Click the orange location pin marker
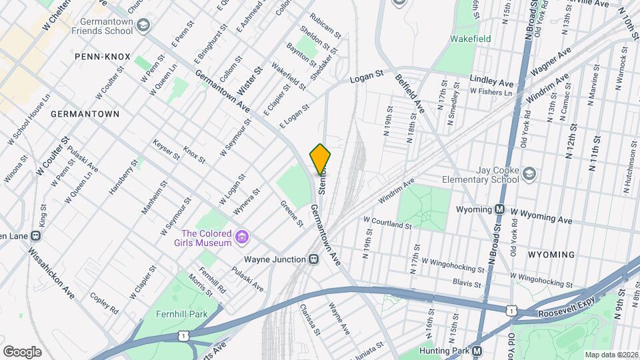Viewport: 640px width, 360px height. click(321, 159)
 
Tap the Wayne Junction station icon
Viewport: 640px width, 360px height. click(313, 259)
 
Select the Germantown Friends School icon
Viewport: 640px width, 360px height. click(143, 26)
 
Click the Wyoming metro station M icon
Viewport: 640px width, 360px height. click(499, 209)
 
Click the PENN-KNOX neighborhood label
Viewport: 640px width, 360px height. click(103, 57)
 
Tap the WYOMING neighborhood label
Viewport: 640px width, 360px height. click(551, 255)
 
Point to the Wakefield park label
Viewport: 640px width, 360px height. click(470, 39)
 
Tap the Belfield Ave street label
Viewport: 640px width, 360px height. click(409, 93)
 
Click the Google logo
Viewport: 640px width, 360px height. click(23, 351)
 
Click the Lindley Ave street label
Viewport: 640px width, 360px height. click(492, 81)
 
